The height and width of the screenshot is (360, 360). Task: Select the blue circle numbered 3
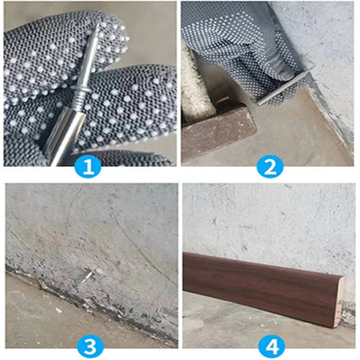point(87,345)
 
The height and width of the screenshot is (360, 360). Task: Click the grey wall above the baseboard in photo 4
point(268,216)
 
